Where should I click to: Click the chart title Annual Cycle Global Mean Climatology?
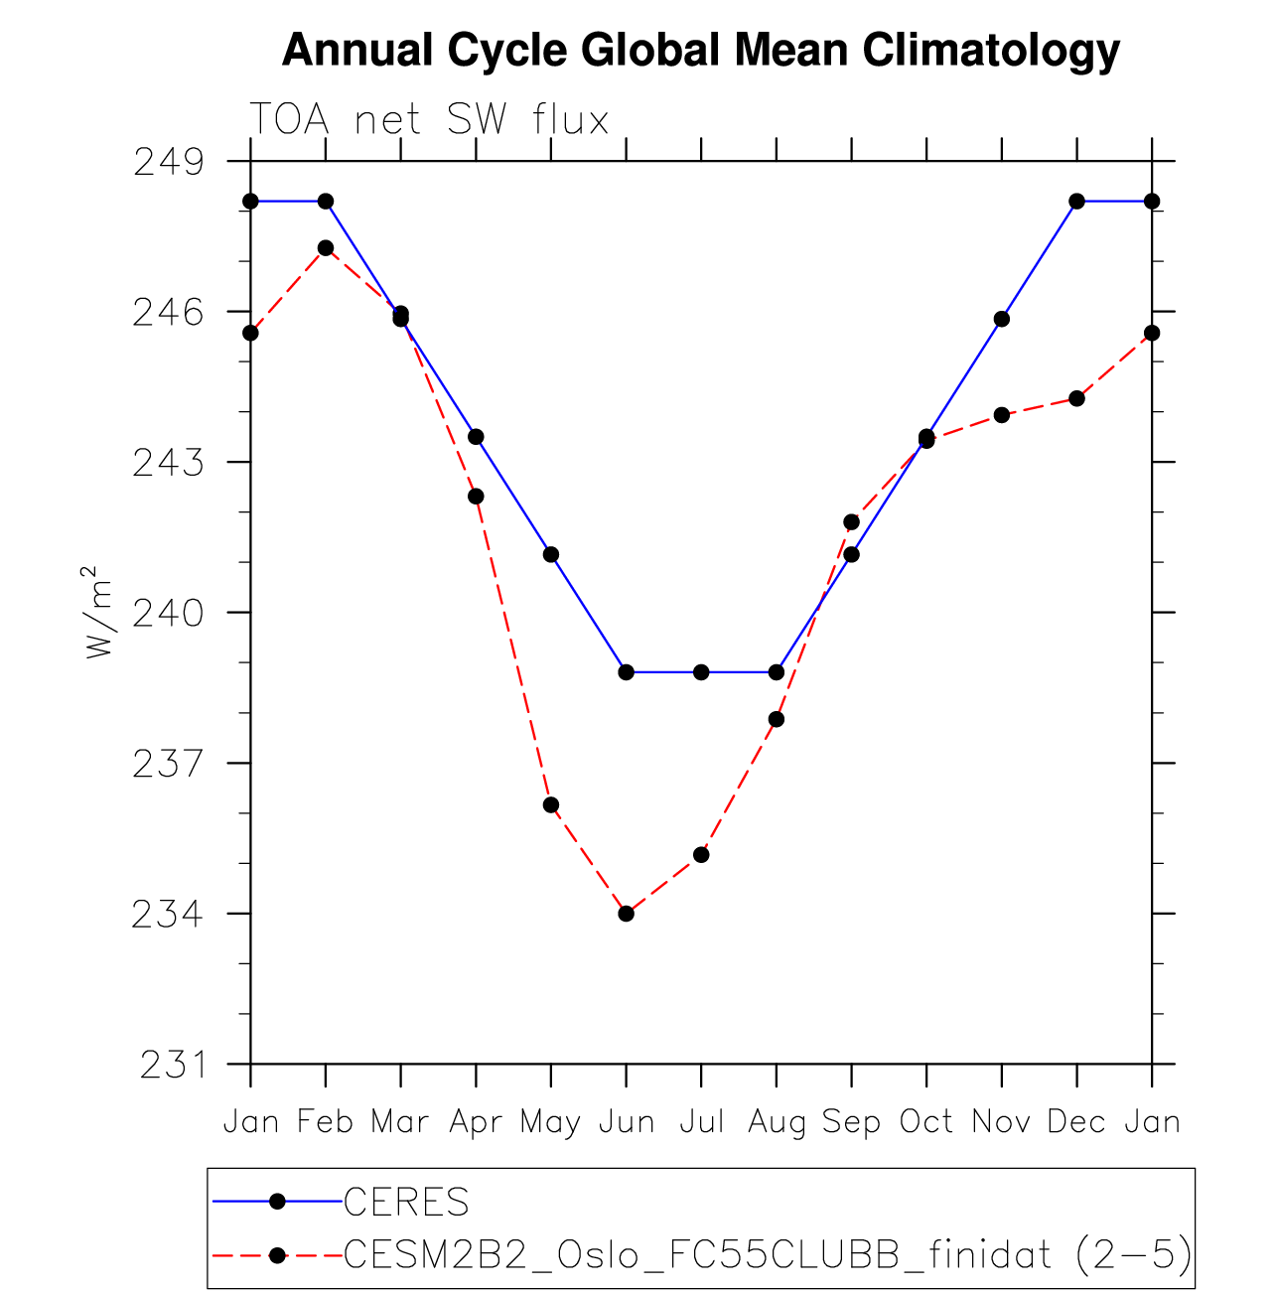point(701,51)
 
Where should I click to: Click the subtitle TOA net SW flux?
point(428,120)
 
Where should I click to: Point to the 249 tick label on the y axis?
point(168,161)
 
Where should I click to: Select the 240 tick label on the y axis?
point(168,613)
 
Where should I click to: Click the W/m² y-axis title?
point(97,613)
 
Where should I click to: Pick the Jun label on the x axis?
point(627,1122)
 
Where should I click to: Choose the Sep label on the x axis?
point(851,1122)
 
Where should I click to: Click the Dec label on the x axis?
point(1076,1122)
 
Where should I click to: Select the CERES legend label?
point(406,1203)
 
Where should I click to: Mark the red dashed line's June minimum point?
point(627,914)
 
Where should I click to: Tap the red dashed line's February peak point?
point(326,247)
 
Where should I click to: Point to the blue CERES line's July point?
point(701,672)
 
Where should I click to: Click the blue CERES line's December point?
point(1076,202)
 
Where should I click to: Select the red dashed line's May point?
point(551,804)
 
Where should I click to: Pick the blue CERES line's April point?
point(476,437)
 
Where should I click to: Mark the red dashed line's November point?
point(1002,415)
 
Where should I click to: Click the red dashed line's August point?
point(777,719)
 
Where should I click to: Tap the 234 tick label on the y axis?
point(168,914)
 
